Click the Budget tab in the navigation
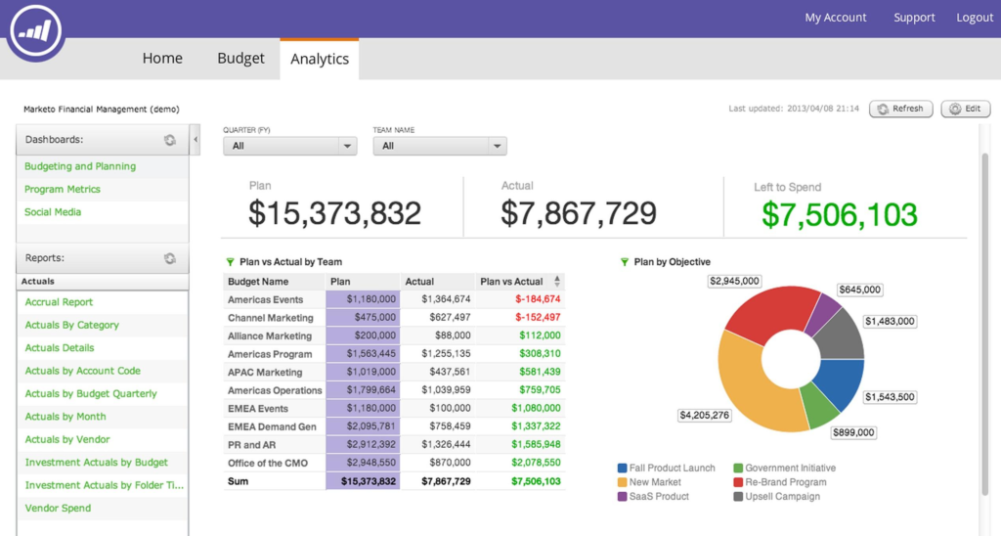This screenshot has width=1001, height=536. click(x=240, y=59)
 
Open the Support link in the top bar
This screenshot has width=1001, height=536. click(x=913, y=18)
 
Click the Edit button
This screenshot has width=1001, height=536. click(x=965, y=109)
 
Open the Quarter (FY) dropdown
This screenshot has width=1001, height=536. click(x=289, y=146)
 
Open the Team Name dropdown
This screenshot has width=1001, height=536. click(x=440, y=146)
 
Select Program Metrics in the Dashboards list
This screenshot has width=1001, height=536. click(x=63, y=189)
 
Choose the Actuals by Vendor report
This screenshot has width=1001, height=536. click(x=67, y=439)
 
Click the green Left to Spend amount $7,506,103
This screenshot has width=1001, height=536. click(x=840, y=214)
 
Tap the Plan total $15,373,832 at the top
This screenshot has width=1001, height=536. click(x=334, y=212)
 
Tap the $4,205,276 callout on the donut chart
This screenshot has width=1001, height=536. click(x=704, y=415)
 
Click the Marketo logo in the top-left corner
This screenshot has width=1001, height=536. click(x=33, y=29)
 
